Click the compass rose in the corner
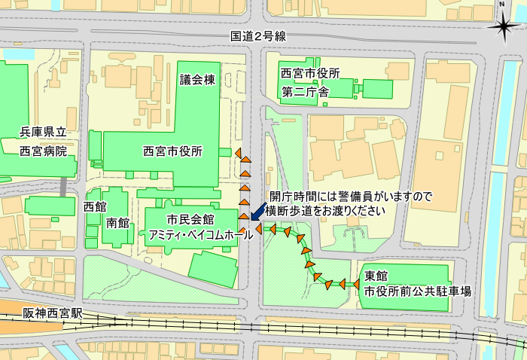click(x=503, y=25)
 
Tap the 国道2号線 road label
click(x=259, y=37)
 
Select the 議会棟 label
click(x=198, y=80)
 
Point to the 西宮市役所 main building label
click(x=172, y=151)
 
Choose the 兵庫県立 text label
click(x=44, y=133)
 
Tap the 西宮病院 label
click(x=43, y=151)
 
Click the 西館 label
click(x=95, y=206)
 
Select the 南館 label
click(x=117, y=223)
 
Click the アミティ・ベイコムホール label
click(x=201, y=235)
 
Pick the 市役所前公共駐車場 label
click(x=418, y=290)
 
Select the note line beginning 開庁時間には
click(x=351, y=197)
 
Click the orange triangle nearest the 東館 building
click(x=352, y=283)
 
